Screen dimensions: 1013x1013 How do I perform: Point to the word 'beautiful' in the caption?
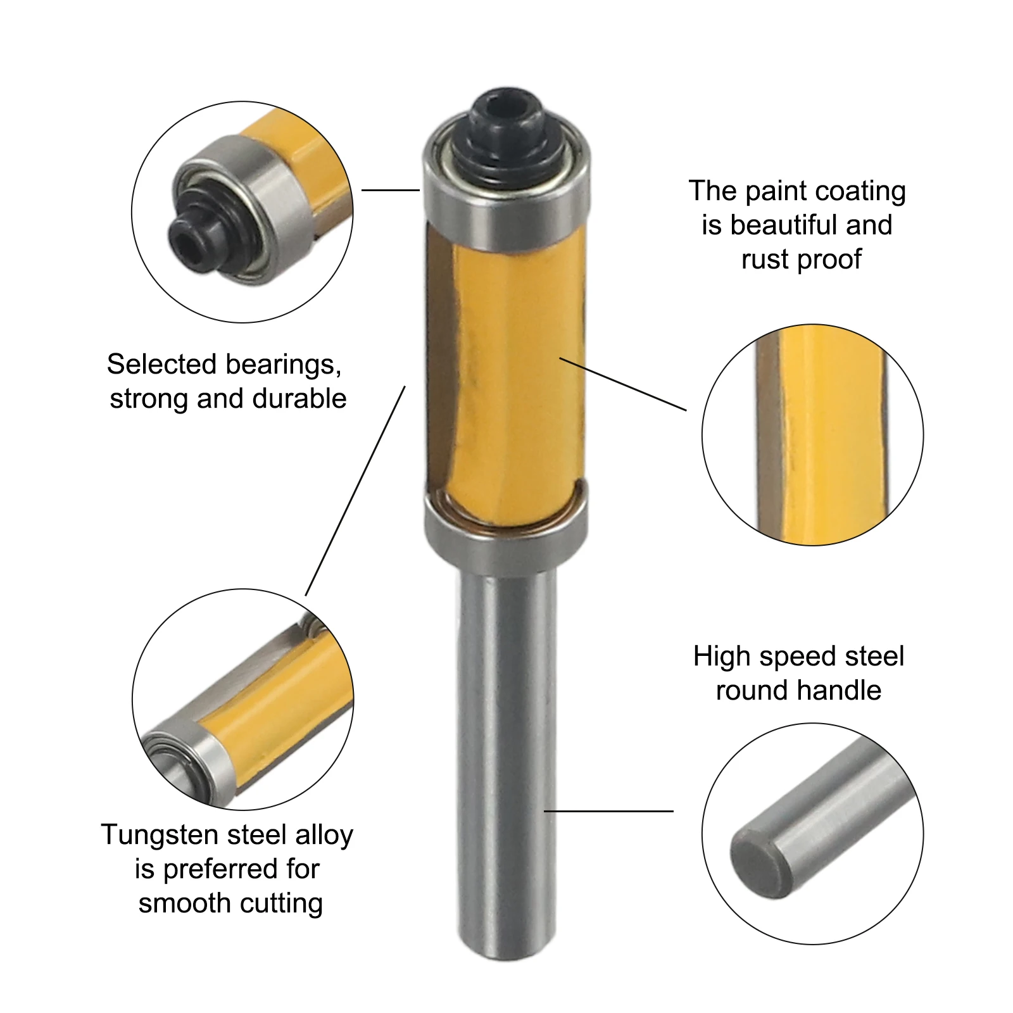coord(784,225)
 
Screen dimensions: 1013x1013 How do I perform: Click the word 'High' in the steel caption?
coord(721,657)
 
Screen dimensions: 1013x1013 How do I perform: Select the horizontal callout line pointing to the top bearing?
coord(391,190)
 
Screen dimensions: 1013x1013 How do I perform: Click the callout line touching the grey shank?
coord(608,811)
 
